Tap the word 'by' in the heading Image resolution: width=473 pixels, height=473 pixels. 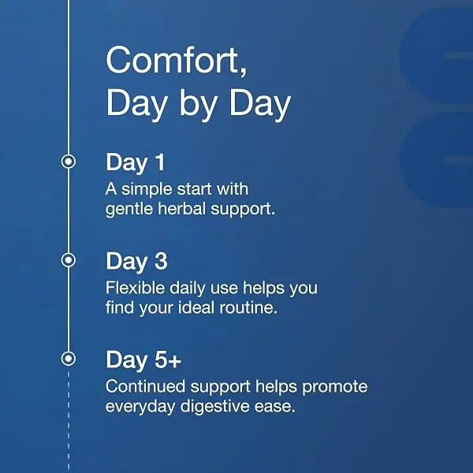(199, 105)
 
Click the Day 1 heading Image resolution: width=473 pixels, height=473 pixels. (135, 163)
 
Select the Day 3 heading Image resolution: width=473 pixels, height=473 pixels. (136, 262)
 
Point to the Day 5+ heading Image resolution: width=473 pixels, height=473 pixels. (143, 360)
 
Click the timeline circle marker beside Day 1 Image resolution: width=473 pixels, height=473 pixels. (69, 162)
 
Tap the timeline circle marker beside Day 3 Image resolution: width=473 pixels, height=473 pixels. (69, 259)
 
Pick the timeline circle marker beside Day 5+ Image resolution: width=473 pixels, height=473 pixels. (69, 359)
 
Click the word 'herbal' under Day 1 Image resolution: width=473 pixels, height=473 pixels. (181, 208)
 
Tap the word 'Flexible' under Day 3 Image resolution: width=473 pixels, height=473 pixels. (135, 288)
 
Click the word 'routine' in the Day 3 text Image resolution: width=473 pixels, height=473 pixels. (248, 307)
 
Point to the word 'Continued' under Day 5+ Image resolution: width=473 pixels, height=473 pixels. (145, 386)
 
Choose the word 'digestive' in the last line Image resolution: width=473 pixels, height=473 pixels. (214, 407)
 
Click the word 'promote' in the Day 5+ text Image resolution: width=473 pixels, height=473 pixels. (335, 387)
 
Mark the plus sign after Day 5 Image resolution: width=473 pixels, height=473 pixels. (175, 361)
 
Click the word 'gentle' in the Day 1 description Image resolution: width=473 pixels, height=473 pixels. (129, 209)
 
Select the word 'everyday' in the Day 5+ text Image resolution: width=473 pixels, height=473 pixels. (140, 407)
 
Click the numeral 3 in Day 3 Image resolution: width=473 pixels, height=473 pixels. (161, 261)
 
